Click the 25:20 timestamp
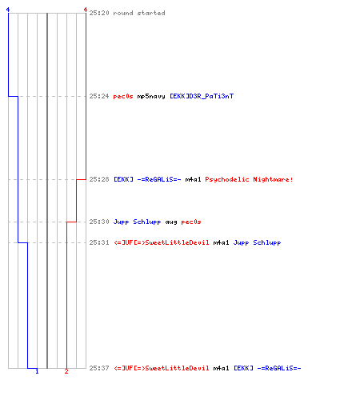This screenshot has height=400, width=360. pos(99,13)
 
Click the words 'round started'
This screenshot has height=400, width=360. pos(139,13)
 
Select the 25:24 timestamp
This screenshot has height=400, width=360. pos(99,96)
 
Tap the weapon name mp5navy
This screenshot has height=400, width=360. pos(151,96)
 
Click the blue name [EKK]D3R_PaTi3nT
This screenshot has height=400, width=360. pos(202,96)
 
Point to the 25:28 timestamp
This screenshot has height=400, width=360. pos(99,179)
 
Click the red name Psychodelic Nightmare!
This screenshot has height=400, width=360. pos(249,179)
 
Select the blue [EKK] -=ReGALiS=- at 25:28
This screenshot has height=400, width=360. pos(147,179)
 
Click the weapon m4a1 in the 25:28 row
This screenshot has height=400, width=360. pos(193,179)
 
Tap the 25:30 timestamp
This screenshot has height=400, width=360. pos(99,222)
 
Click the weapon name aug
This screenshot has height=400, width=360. pos(171,222)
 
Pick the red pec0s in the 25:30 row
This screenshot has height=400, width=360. pos(191,222)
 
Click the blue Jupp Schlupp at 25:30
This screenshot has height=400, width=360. pos(137,222)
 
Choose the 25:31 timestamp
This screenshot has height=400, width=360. pos(99,242)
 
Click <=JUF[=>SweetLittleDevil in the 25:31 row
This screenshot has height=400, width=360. pos(162,242)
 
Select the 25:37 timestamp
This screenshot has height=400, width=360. pos(99,368)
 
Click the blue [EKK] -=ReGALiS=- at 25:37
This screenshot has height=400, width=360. pos(267,368)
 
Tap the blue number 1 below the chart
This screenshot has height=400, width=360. pos(37,371)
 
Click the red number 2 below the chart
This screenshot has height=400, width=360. pos(66,371)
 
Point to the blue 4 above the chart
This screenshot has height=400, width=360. pos(8,10)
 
